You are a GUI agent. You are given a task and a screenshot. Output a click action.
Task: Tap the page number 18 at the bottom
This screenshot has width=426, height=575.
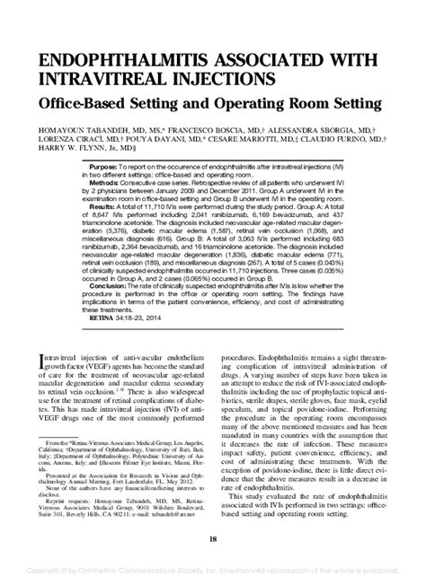(x=213, y=538)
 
